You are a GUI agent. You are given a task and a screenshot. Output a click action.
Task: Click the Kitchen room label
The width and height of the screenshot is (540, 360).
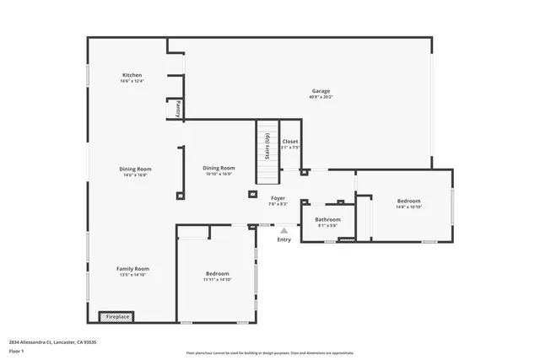[132, 75]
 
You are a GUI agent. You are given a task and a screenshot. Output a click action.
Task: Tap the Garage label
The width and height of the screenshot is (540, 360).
[321, 90]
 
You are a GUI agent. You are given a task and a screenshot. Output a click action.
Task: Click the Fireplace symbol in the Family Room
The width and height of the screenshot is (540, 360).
[116, 316]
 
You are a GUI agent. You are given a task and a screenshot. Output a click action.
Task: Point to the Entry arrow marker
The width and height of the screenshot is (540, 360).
[284, 230]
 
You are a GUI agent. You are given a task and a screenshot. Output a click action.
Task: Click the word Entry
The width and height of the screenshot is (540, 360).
[284, 239]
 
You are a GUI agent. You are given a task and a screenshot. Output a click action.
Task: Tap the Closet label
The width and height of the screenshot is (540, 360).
[290, 142]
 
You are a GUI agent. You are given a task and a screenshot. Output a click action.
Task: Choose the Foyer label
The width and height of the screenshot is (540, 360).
[278, 197]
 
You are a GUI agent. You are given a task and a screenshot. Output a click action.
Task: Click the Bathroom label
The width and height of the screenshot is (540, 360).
[327, 218]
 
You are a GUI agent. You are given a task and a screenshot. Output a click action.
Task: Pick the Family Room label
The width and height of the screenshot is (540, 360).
[132, 269]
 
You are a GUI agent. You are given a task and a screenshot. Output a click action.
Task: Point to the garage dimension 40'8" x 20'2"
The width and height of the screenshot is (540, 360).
[321, 97]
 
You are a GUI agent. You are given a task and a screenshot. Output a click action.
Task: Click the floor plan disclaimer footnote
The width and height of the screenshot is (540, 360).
[270, 353]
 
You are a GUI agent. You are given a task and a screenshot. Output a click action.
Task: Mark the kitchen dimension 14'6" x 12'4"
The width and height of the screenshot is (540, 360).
[132, 82]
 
